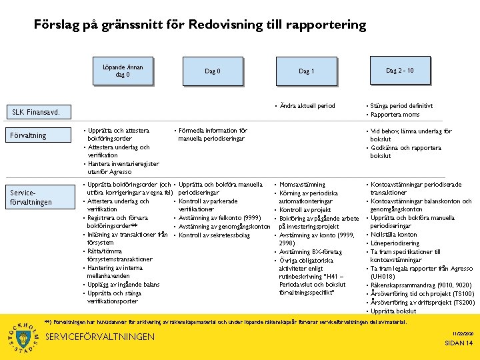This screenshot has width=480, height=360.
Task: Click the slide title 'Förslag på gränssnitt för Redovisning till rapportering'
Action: pos(200,25)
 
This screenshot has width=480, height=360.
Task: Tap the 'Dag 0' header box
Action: pos(213,71)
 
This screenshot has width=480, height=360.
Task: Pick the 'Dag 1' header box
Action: pos(307,71)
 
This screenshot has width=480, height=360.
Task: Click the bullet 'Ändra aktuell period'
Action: pos(308,106)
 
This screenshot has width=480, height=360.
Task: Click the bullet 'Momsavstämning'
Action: pos(302,184)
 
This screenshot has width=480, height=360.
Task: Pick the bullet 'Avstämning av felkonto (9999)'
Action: pos(220,218)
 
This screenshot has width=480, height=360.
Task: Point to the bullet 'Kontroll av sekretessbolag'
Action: pos(214,235)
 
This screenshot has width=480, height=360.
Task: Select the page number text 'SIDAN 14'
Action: pos(458,343)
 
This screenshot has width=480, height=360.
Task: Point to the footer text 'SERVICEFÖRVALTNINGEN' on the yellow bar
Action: pos(99,337)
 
